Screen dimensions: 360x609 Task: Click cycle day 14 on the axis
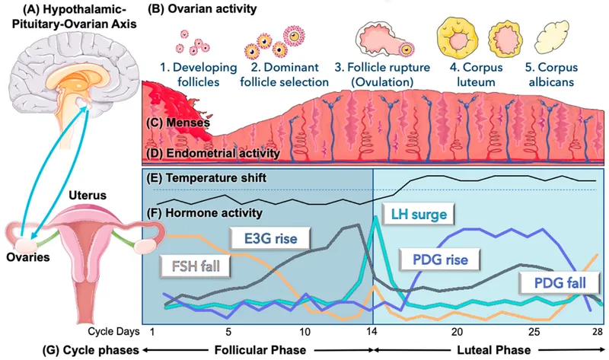(x=373, y=332)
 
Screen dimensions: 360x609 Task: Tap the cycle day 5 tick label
(x=228, y=332)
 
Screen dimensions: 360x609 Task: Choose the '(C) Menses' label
(x=180, y=121)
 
